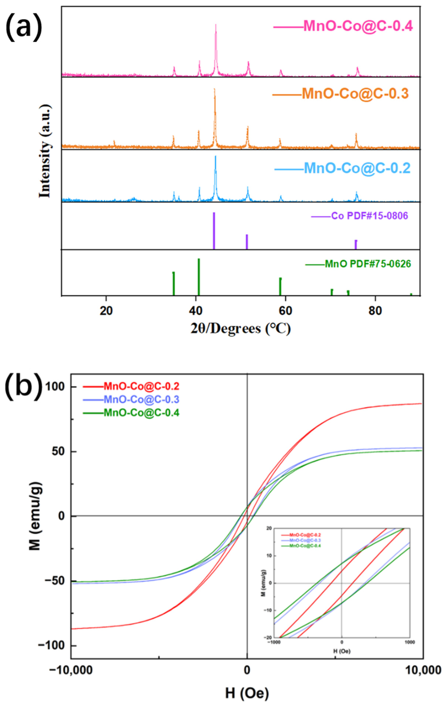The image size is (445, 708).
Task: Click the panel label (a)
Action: pyautogui.click(x=23, y=26)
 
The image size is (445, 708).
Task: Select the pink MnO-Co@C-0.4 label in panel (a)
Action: pyautogui.click(x=358, y=26)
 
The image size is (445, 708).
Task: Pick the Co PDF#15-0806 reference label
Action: pyautogui.click(x=369, y=216)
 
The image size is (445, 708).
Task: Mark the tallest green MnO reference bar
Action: pyautogui.click(x=199, y=276)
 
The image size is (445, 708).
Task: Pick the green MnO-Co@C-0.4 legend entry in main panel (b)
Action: pyautogui.click(x=141, y=413)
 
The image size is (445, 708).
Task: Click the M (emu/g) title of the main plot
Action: pyautogui.click(x=35, y=516)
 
